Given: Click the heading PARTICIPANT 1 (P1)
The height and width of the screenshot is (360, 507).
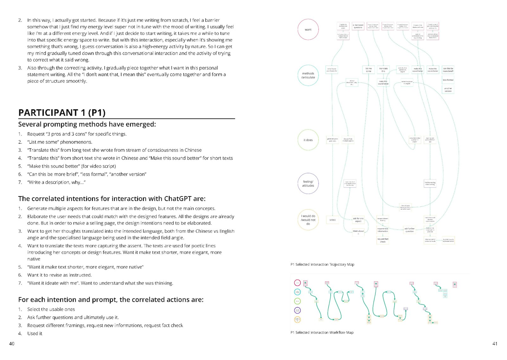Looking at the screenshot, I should (62, 113).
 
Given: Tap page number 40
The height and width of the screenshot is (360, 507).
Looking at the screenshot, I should (12, 344).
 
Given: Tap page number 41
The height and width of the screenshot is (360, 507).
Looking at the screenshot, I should (495, 344).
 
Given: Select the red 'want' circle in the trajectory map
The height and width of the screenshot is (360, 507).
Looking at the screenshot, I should (308, 29).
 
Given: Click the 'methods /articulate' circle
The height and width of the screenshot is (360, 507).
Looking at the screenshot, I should (308, 75).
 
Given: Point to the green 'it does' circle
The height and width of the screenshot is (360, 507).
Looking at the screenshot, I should (308, 140).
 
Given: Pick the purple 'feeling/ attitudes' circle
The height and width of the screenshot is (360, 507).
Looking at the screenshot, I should (308, 183).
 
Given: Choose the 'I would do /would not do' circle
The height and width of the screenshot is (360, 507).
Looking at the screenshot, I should (308, 220).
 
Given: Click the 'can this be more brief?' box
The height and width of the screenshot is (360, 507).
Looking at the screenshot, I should (448, 70).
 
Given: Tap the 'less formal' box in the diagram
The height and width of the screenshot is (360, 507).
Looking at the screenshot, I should (448, 80).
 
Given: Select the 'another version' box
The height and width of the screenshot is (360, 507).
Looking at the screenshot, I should (448, 90).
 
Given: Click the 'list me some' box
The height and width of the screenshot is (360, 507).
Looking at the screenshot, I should (369, 70).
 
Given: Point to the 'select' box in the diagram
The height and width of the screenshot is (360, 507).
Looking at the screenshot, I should (332, 220).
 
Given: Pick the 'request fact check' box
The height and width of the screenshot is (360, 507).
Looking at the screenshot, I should (383, 240).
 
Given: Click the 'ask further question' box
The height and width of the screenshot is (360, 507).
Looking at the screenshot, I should (409, 230).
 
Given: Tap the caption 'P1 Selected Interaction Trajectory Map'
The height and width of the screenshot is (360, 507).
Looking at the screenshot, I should (322, 264).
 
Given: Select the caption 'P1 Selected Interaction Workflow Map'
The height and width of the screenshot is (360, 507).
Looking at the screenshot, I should (322, 332).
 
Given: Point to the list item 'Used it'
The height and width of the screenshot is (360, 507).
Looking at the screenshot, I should (35, 333).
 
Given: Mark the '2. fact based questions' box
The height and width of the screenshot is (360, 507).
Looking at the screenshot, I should (358, 26).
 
